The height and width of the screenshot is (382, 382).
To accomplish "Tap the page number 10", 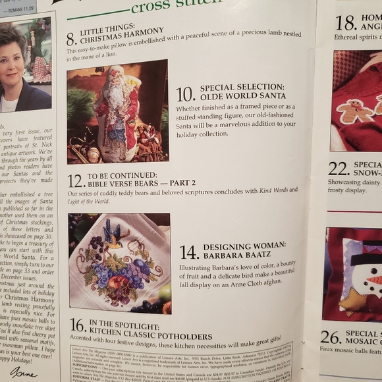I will click(x=185, y=94).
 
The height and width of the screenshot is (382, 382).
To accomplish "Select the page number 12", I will click(x=76, y=180).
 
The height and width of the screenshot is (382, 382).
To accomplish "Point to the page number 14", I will click(x=189, y=252).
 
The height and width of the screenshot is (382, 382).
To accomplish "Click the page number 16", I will click(x=77, y=325).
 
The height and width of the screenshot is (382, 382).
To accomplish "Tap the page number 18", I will click(x=346, y=22).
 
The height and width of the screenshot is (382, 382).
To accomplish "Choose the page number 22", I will click(x=339, y=168).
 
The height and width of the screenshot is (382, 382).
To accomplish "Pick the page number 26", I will click(x=331, y=337).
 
